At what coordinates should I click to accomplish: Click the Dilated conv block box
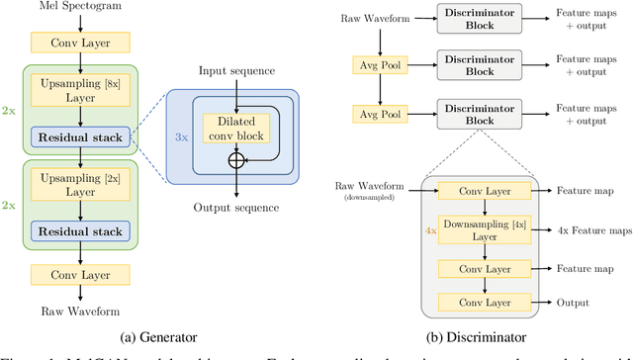click(236, 128)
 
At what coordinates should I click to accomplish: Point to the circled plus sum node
click(236, 158)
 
